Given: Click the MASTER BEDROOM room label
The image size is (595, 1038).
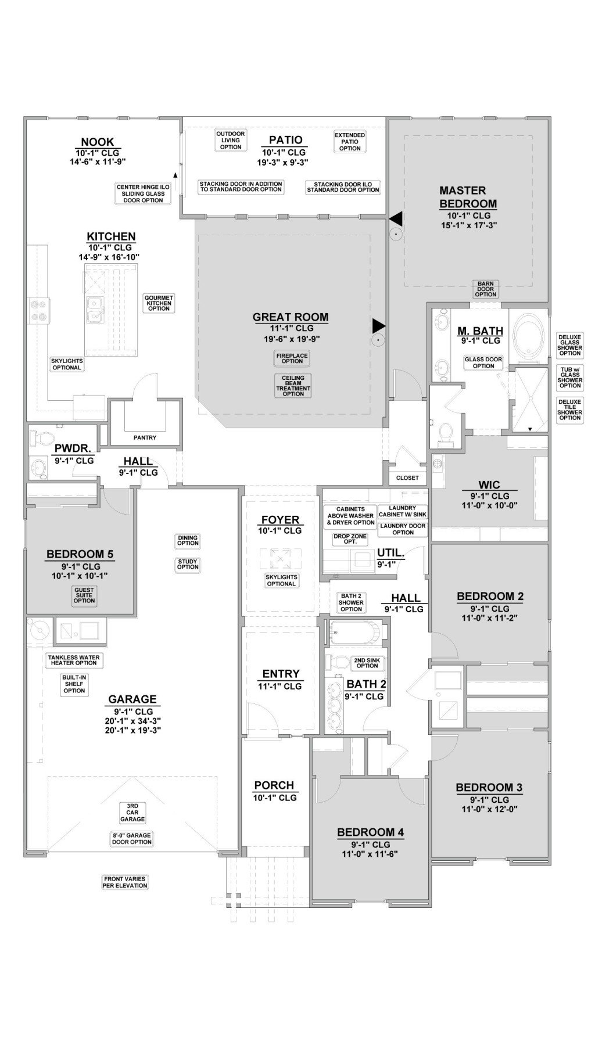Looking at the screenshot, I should click(x=468, y=197).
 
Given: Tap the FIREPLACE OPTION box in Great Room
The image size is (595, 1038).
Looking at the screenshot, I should click(x=292, y=358).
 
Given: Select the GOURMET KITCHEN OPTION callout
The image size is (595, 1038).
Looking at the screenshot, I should click(x=159, y=303).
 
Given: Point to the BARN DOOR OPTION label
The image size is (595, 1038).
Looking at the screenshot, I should click(x=485, y=289).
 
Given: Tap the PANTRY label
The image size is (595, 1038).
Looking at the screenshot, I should click(x=145, y=438).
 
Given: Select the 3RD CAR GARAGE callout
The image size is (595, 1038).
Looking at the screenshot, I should click(x=132, y=813).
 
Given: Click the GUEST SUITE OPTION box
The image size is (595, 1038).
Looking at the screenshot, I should click(x=84, y=595).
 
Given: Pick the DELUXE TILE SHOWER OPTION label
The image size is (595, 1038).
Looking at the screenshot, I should click(x=569, y=410).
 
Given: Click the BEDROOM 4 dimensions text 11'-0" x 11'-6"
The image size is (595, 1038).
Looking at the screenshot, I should click(x=371, y=854).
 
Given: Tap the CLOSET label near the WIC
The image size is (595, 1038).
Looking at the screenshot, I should click(x=407, y=478).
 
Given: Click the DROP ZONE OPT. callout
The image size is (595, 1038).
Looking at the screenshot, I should click(x=350, y=539).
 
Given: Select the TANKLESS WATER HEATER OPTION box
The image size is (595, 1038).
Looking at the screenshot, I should click(x=74, y=660).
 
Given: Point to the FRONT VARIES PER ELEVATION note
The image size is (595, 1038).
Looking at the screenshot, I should click(x=126, y=882).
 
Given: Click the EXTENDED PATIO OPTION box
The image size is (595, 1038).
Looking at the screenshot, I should click(x=350, y=142).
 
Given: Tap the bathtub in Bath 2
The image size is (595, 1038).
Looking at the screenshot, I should click(x=354, y=633).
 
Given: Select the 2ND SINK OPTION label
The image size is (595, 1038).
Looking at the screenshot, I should click(x=367, y=663).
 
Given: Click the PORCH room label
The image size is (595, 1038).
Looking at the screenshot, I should click(x=274, y=785).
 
